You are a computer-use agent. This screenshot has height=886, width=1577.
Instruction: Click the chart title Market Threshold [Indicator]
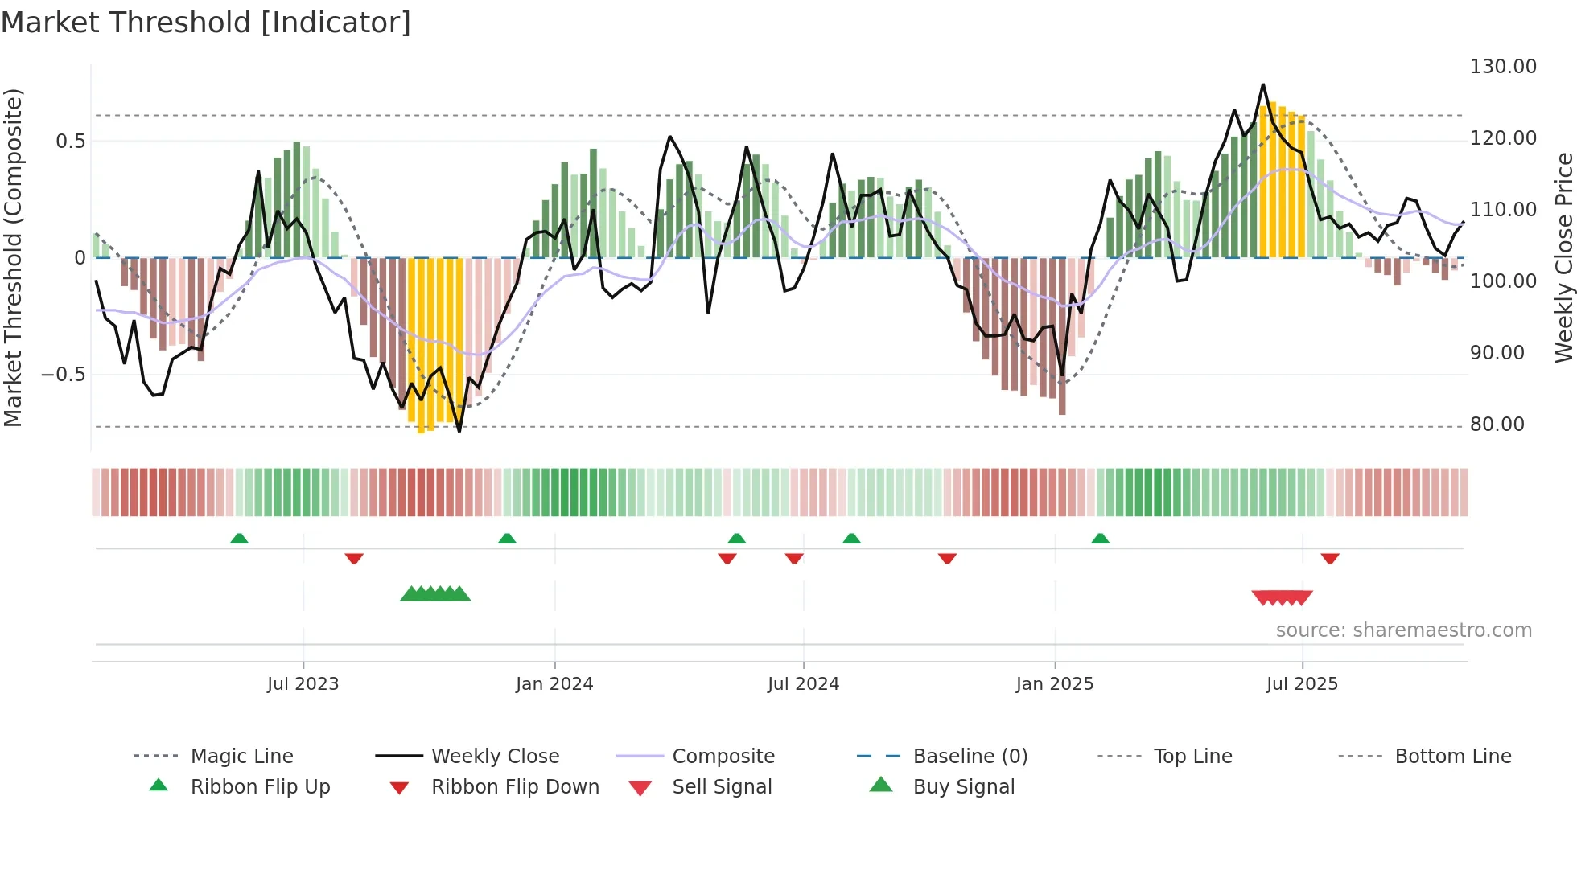click(x=206, y=23)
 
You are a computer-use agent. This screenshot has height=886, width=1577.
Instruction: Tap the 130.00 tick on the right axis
click(x=1503, y=67)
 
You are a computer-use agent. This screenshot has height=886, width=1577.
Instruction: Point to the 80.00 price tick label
click(x=1497, y=425)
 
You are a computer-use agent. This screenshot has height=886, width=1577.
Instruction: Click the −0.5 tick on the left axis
click(x=63, y=375)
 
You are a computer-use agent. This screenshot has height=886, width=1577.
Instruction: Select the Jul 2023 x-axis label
click(x=303, y=684)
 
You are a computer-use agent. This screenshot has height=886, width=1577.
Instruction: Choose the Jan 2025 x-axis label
click(x=1054, y=684)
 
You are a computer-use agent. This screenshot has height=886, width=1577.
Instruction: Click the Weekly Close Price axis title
click(x=1563, y=257)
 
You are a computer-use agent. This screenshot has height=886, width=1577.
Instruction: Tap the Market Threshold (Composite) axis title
click(x=13, y=257)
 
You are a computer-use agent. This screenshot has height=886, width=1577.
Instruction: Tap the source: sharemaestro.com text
click(x=1403, y=630)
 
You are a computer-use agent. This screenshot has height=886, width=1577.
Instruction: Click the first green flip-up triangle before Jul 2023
click(x=239, y=539)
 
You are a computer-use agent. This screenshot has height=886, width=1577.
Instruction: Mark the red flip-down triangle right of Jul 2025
click(x=1329, y=558)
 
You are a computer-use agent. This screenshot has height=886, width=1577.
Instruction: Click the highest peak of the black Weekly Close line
click(x=1263, y=85)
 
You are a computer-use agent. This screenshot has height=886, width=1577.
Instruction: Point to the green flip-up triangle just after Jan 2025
click(x=1100, y=539)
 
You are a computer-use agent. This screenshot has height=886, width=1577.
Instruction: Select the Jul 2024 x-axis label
click(x=803, y=684)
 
